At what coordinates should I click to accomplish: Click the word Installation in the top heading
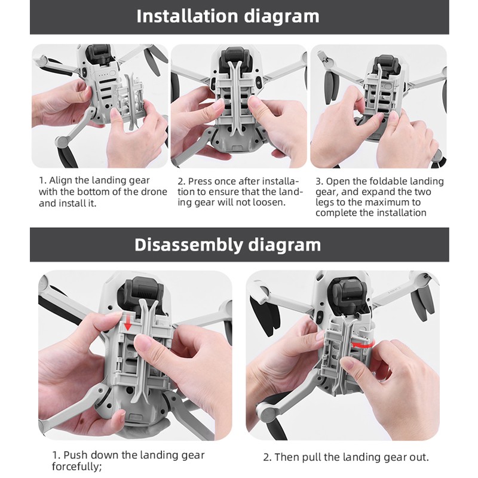coord(188,16)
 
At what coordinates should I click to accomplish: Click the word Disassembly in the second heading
coord(189,244)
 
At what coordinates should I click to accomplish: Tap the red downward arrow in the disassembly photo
coord(128,323)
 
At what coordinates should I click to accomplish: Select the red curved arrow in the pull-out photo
coord(363,345)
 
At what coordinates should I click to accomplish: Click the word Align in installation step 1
coord(60,180)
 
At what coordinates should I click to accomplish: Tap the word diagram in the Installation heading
coord(281,17)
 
